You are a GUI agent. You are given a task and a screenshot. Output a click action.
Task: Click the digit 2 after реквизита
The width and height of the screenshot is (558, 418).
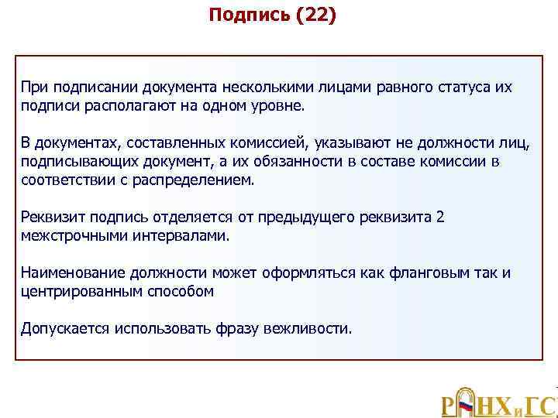click(440, 217)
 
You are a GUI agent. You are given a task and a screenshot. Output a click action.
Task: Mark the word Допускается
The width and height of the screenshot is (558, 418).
click(65, 328)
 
